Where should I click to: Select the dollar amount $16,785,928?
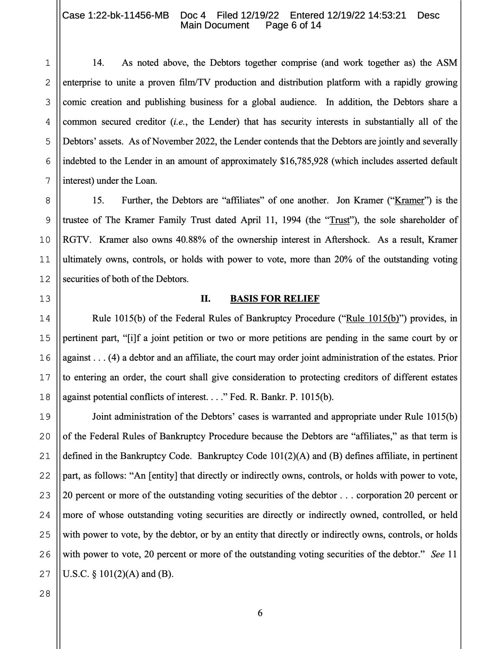[303, 161]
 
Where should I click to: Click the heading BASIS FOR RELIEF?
[274, 299]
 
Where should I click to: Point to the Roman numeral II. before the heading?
[205, 299]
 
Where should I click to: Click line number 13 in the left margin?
[45, 299]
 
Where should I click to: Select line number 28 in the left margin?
[45, 594]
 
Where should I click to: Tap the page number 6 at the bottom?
[260, 613]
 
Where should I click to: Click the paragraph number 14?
[98, 63]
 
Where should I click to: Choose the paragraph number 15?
[98, 201]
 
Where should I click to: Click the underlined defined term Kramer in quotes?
[410, 201]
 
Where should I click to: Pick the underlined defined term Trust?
[339, 220]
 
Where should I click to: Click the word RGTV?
[75, 240]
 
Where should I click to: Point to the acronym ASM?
[447, 63]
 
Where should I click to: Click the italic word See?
[438, 555]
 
